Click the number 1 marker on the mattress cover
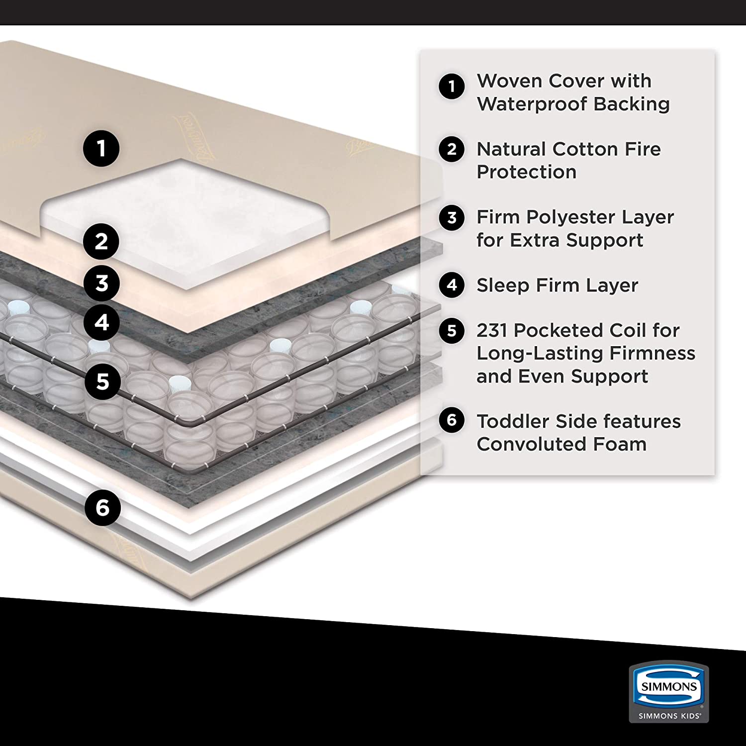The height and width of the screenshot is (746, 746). click(x=101, y=148)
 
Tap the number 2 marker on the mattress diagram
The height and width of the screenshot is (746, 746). click(x=101, y=242)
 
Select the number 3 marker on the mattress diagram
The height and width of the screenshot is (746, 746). click(x=101, y=283)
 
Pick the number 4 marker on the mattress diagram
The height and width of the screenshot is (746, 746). click(x=101, y=323)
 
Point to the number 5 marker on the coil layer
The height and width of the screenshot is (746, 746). click(x=102, y=381)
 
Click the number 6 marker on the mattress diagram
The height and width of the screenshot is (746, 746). click(x=102, y=507)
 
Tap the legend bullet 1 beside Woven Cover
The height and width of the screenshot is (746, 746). click(x=452, y=86)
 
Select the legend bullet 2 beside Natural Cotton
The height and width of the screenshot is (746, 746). click(x=452, y=149)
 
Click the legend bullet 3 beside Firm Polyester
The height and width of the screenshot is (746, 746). click(x=452, y=217)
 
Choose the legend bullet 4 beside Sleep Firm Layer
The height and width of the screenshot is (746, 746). click(x=452, y=285)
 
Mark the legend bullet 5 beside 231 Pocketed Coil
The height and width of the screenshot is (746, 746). click(x=452, y=330)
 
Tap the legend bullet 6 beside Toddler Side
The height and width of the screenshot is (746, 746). click(x=452, y=420)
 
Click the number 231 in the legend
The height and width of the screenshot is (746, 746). click(x=492, y=330)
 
